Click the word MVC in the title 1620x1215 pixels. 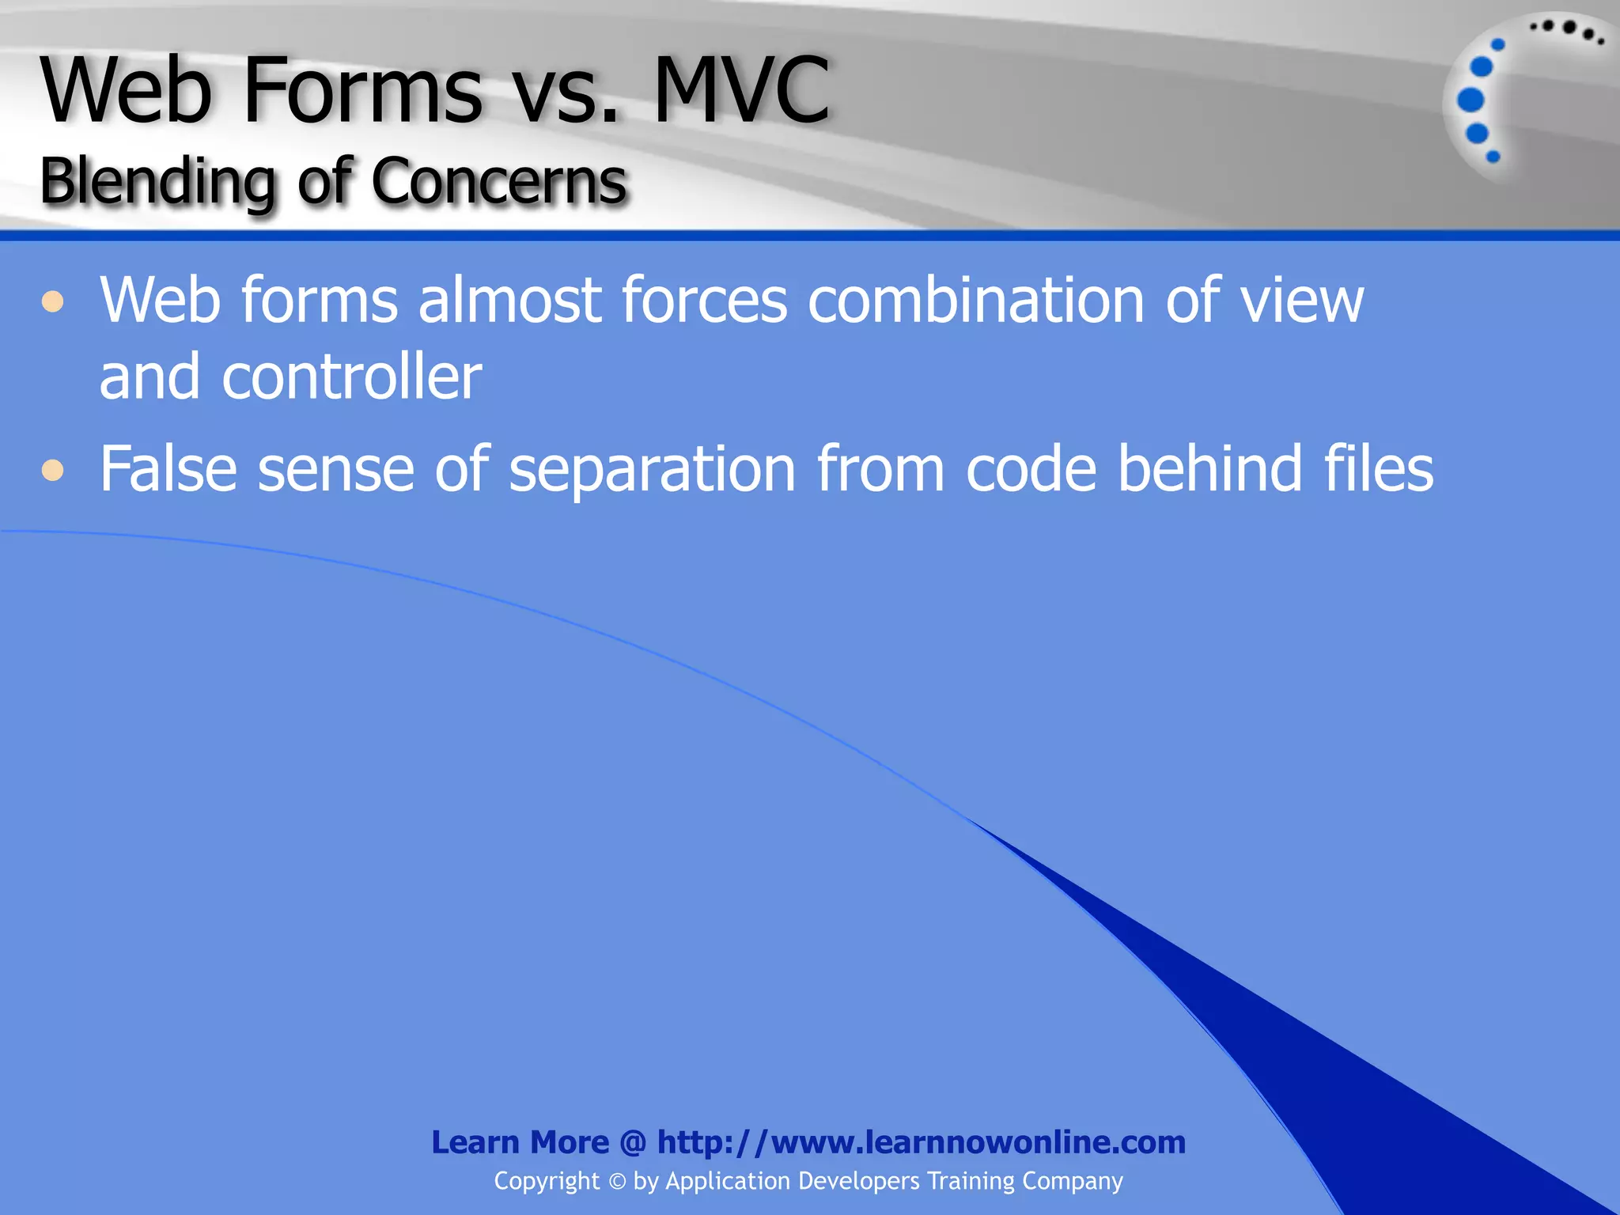pyautogui.click(x=742, y=91)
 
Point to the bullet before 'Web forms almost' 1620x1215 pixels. pyautogui.click(x=53, y=301)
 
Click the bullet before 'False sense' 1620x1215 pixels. pyautogui.click(x=53, y=471)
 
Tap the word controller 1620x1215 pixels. pyautogui.click(x=351, y=377)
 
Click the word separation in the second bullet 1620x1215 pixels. pyautogui.click(x=652, y=469)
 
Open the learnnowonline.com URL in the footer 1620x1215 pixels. pyautogui.click(x=922, y=1142)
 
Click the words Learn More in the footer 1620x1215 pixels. pyautogui.click(x=520, y=1142)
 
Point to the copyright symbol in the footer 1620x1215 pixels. pyautogui.click(x=617, y=1182)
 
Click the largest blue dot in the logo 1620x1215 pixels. pyautogui.click(x=1470, y=100)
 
